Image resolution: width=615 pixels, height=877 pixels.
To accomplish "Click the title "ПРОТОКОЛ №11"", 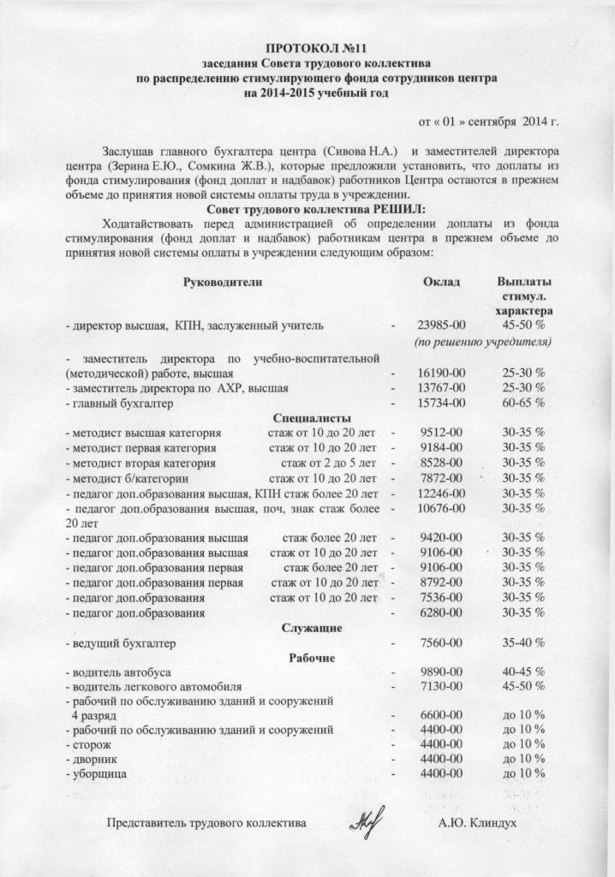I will click(x=307, y=47).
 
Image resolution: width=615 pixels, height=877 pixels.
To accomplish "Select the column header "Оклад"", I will click(x=442, y=282).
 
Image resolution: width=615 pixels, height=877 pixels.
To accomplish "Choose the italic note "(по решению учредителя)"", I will click(x=481, y=342).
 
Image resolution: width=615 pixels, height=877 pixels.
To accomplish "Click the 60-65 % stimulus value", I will click(x=523, y=403).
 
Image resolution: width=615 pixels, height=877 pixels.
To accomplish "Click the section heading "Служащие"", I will click(x=313, y=628).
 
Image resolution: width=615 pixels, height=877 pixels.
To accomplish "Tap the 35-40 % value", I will click(x=523, y=642).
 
